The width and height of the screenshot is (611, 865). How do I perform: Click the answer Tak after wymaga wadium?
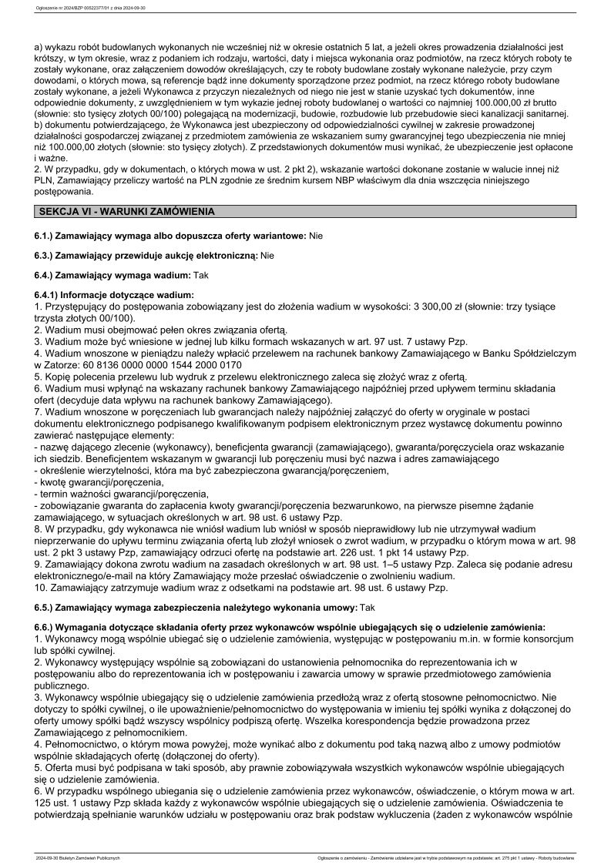click(x=199, y=274)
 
